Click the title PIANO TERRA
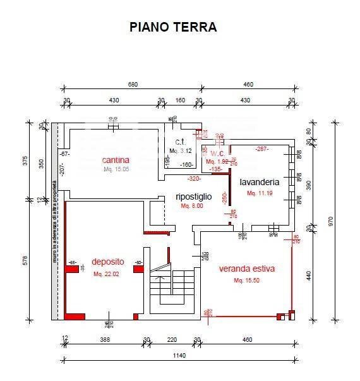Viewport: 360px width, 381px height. pos(173,27)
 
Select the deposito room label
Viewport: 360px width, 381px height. pos(107,262)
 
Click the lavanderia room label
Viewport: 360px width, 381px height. pos(259,182)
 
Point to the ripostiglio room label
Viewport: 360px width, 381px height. pos(193,197)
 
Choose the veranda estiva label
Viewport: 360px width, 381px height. pos(247,269)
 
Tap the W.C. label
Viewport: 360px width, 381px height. pos(217,153)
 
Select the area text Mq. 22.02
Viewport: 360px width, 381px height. pos(106,274)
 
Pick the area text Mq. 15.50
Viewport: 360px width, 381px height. pos(246,280)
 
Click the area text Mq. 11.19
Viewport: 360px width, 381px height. pos(260,193)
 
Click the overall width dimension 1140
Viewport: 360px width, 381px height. pos(179,356)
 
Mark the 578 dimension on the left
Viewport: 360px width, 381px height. pos(26,260)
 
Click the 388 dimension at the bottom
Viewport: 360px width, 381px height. pos(105,340)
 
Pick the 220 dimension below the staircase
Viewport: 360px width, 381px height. pos(172,340)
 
